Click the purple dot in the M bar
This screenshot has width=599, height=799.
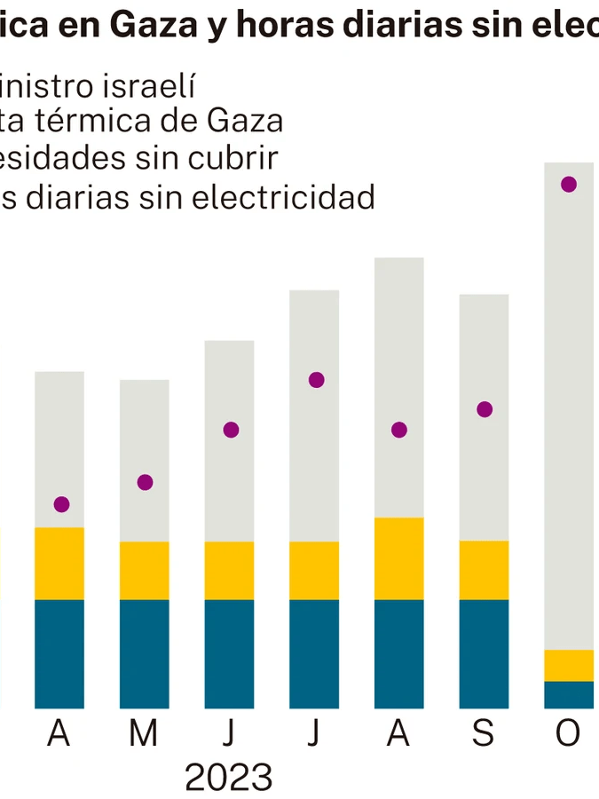coord(146,482)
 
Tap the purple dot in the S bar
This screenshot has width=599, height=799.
coord(485,409)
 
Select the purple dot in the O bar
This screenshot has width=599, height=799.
coord(569,185)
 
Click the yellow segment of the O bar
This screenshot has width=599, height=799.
coord(569,665)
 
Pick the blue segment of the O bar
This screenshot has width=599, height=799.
coord(569,694)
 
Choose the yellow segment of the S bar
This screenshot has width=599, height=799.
coord(484,570)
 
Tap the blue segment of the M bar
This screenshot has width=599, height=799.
coord(145,653)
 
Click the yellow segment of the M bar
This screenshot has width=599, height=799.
coord(145,570)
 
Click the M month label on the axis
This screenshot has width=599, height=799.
coord(143,734)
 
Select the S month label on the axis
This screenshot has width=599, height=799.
coord(483,734)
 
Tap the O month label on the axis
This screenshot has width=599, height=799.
coord(567,734)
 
